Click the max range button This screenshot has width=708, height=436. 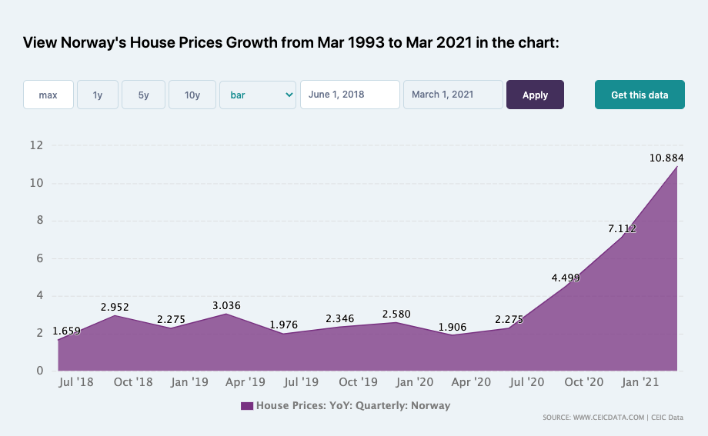[x=48, y=95]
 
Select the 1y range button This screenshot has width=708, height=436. [x=98, y=95]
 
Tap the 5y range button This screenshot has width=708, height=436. [x=144, y=95]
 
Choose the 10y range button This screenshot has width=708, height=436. [x=192, y=95]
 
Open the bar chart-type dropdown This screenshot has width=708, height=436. [x=258, y=95]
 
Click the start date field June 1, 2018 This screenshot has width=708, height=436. [x=350, y=95]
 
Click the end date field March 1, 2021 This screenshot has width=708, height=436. [x=453, y=95]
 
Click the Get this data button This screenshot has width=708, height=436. [x=640, y=95]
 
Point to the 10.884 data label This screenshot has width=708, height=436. [x=666, y=158]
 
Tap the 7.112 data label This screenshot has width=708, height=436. [x=623, y=229]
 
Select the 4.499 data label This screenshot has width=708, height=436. [x=566, y=278]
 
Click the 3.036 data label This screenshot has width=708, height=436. [x=227, y=305]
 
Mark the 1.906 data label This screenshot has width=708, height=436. [x=453, y=328]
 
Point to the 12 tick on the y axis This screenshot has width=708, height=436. [x=36, y=145]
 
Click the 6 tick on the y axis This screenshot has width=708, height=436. [x=40, y=258]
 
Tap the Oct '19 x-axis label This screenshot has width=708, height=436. [x=358, y=382]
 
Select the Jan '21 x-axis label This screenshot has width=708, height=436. [x=640, y=382]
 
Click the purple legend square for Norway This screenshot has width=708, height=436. [x=247, y=406]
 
